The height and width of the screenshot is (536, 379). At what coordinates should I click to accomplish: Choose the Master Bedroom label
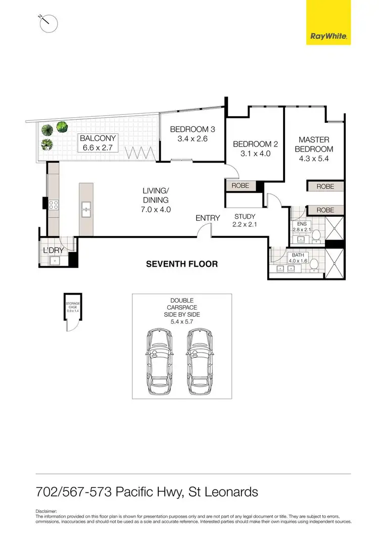pos(314,149)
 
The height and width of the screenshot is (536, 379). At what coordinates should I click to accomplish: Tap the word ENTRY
pos(208,218)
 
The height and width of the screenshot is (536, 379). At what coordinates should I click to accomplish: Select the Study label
pos(245,221)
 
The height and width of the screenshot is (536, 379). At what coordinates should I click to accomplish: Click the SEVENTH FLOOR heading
pos(182,264)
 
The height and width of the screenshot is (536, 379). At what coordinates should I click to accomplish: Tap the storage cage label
pos(73,306)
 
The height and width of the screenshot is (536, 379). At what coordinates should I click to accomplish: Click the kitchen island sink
pos(86,207)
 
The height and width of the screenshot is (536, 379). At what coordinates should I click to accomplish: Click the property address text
pos(147,492)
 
